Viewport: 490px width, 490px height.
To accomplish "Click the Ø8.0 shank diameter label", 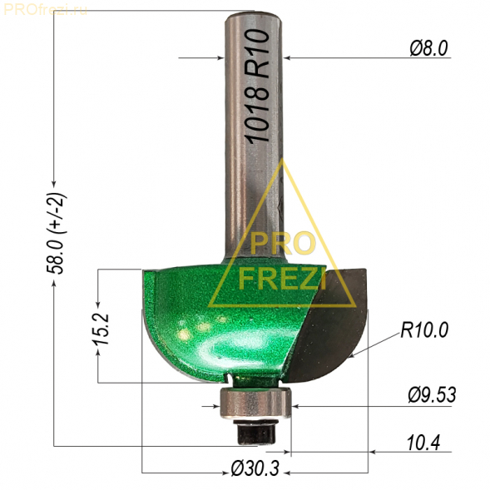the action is [x=428, y=48].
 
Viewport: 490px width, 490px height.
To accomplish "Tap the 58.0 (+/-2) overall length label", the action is [x=56, y=234].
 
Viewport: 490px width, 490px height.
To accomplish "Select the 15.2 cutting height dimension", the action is [x=101, y=329].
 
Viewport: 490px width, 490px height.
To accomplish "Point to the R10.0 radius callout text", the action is [x=424, y=330].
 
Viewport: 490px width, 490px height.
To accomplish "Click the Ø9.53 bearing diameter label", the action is [x=432, y=395].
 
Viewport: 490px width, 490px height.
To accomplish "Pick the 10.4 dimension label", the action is [x=423, y=443].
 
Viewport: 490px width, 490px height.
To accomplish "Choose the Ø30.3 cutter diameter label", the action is [x=255, y=468].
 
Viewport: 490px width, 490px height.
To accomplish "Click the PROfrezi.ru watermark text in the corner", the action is [x=45, y=10].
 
